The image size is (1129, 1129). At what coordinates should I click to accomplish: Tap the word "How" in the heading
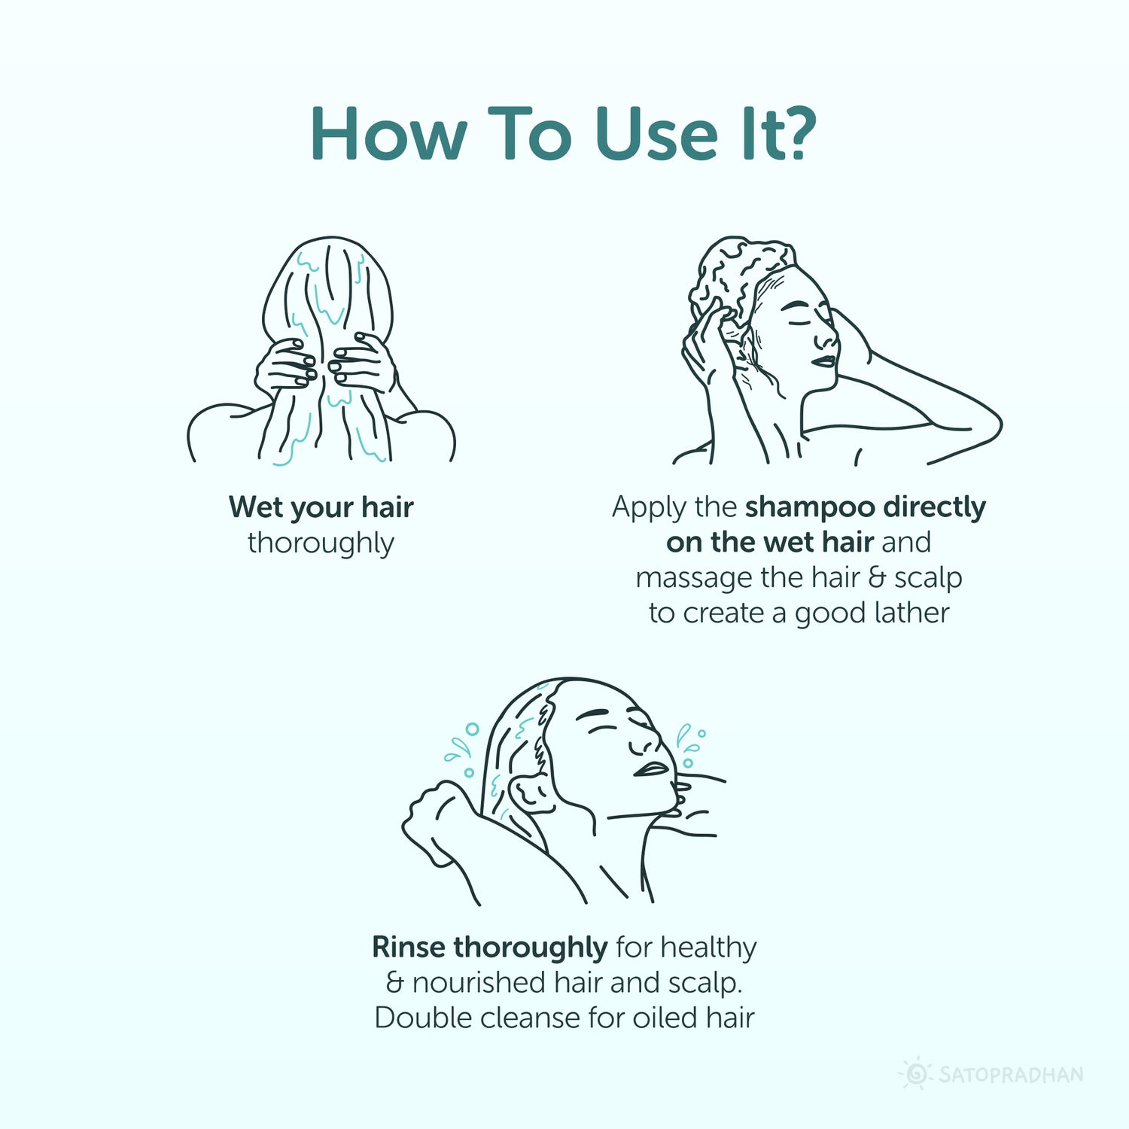point(388,133)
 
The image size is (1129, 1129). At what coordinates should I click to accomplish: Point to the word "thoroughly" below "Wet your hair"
point(321,543)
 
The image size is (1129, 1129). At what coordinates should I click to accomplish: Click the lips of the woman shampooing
point(824,361)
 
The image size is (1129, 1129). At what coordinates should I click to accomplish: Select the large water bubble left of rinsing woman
point(472,729)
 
